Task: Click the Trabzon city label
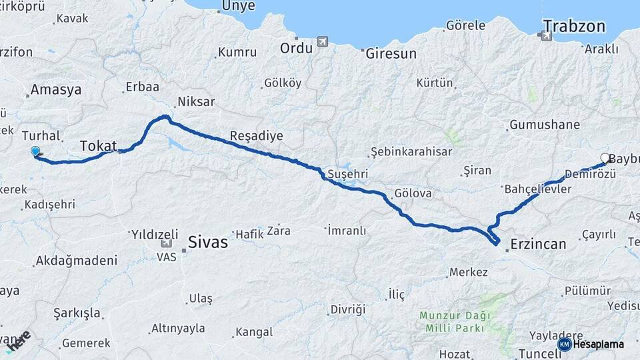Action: click(x=573, y=27)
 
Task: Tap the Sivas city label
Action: click(x=207, y=242)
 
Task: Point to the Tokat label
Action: click(x=98, y=145)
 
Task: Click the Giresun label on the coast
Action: click(x=391, y=53)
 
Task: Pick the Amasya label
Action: click(x=56, y=89)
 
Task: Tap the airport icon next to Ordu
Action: click(x=323, y=42)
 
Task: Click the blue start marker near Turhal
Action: click(x=35, y=152)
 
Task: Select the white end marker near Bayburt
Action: click(x=605, y=158)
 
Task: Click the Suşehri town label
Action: click(x=344, y=174)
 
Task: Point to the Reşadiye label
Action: click(x=256, y=136)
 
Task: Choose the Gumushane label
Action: click(x=544, y=125)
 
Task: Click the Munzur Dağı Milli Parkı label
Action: click(x=455, y=321)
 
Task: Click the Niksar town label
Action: click(x=196, y=102)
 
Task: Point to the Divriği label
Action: click(x=348, y=310)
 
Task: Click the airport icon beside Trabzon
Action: click(x=547, y=37)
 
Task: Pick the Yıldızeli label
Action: click(x=155, y=234)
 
